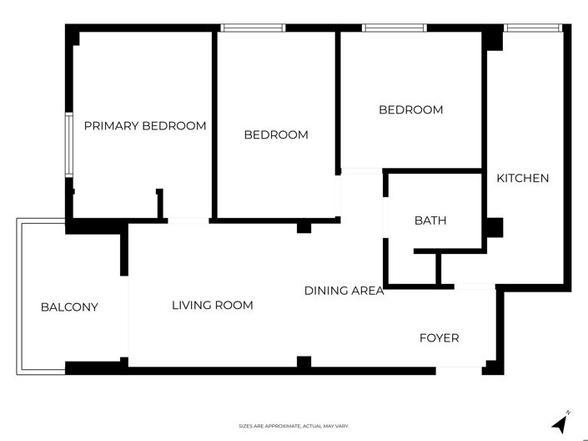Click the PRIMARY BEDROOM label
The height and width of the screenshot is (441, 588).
click(145, 126)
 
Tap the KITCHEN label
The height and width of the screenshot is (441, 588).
click(523, 178)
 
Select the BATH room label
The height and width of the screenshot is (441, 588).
click(430, 220)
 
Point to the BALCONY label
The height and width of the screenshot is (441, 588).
click(69, 307)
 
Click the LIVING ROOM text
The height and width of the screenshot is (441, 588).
click(212, 305)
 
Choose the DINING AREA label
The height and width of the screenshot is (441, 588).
click(344, 291)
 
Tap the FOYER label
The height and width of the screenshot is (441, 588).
click(439, 338)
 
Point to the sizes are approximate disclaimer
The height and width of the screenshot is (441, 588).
click(294, 426)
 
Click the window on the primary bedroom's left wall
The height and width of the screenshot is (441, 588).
click(69, 144)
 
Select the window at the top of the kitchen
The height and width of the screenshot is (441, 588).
click(534, 28)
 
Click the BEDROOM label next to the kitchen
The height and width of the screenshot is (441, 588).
click(410, 109)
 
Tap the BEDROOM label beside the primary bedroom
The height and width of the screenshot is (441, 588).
click(275, 134)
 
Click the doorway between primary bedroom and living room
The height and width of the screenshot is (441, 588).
click(188, 220)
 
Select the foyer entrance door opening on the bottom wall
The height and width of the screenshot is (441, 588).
click(459, 367)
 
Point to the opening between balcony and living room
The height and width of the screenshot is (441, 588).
click(128, 317)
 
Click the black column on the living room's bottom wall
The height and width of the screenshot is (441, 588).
click(304, 362)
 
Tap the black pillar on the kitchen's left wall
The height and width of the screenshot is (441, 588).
click(495, 227)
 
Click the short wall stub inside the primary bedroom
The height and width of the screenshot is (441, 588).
click(159, 203)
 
